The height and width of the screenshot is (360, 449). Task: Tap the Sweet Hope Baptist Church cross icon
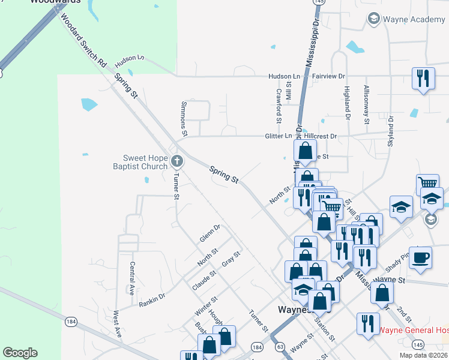pos(176,161)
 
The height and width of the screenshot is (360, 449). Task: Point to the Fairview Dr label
pos(329,77)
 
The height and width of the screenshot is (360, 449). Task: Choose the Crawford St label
pos(279,103)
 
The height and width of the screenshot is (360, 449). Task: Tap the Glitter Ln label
pos(279,136)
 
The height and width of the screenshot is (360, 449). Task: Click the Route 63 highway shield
pos(280,347)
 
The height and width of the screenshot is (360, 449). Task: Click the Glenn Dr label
pos(211,232)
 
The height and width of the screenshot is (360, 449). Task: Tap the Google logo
pos(20,353)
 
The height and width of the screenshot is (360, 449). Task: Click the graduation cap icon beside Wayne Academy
pos(373,20)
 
